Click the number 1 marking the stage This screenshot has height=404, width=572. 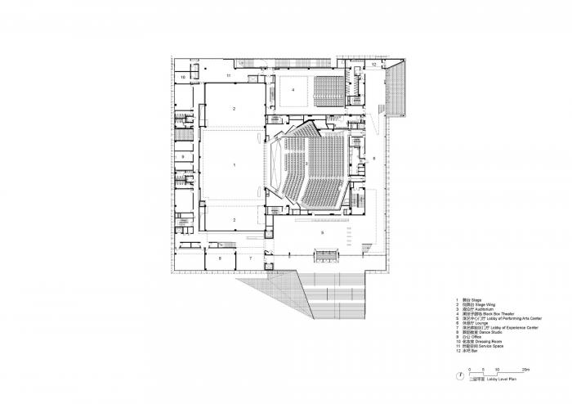pos(235,165)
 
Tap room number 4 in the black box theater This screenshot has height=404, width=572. pos(292,90)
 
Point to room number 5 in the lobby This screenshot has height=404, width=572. pos(323,233)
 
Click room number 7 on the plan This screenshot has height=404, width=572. pos(252,258)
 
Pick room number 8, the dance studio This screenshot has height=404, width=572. pos(220,258)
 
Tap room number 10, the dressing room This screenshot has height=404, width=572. pos(183,78)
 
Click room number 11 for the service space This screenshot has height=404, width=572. pos(230,75)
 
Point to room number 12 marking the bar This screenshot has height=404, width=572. pos(373,63)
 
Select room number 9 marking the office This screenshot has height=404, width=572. pos(183,155)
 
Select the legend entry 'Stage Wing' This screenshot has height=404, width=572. pos(480,304)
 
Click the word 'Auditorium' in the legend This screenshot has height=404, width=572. pos(481,309)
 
